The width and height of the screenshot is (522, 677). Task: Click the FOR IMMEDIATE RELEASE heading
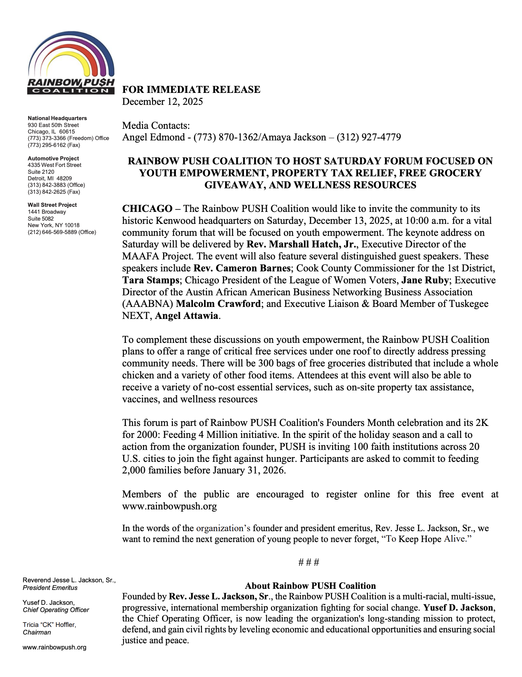[x=191, y=90]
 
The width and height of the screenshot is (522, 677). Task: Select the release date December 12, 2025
[x=162, y=102]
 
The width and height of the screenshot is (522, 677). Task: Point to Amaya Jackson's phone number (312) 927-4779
[x=369, y=137]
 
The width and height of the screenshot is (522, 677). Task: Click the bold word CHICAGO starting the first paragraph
[x=147, y=209]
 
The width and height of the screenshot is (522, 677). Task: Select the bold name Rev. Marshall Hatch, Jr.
[x=301, y=244]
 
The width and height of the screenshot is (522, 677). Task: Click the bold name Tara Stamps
[x=150, y=280]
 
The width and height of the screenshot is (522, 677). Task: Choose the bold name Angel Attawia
[x=186, y=316]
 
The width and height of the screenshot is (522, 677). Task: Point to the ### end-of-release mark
[x=309, y=563]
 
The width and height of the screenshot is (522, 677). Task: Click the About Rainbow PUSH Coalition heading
[x=310, y=586]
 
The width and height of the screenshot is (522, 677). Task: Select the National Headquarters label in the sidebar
[x=57, y=118]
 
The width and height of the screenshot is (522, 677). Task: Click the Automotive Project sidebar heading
[x=53, y=159]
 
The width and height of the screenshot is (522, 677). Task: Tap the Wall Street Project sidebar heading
[x=52, y=205]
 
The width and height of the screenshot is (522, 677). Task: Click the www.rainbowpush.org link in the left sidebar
[x=54, y=647]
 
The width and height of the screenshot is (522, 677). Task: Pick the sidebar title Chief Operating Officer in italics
[x=56, y=610]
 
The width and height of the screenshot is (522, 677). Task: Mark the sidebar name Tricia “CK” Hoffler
[x=49, y=625]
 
